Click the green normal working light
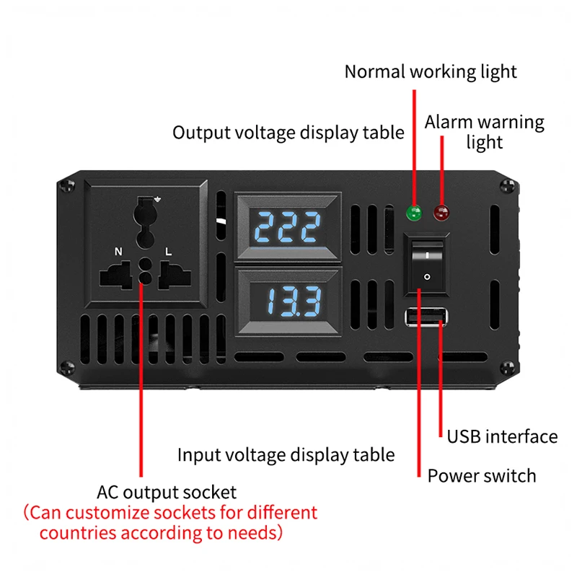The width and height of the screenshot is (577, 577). [x=415, y=213]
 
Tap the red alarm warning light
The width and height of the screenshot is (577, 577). [x=439, y=213]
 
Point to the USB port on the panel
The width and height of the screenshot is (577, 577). [x=427, y=317]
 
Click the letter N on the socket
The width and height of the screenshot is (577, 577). [x=118, y=252]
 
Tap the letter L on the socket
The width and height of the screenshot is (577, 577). [x=168, y=252]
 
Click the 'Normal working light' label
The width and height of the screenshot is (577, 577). [x=431, y=71]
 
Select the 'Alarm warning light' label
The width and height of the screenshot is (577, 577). [x=484, y=131]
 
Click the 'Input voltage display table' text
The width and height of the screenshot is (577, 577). [x=286, y=454]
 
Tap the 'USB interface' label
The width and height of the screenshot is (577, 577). [x=502, y=436]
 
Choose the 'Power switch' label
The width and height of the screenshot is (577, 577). [x=482, y=476]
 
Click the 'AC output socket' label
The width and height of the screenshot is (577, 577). [x=167, y=493]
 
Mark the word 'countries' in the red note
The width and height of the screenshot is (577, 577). [x=79, y=534]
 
